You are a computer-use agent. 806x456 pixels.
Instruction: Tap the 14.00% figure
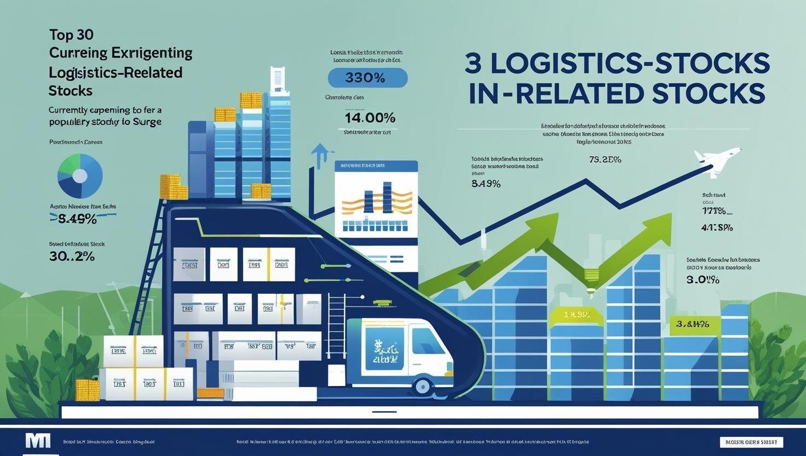(x=370, y=117)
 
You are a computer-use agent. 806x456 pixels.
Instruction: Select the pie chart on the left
(x=80, y=176)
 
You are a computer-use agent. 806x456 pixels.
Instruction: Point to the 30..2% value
(x=72, y=256)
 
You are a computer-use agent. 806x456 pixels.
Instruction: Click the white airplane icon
(x=716, y=160)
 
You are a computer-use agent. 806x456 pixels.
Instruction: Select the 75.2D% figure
(x=605, y=160)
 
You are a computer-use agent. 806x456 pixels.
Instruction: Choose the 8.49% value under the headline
(x=486, y=184)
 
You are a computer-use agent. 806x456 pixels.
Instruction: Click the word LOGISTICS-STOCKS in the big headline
(x=630, y=64)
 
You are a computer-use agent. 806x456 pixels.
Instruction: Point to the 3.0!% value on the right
(x=703, y=280)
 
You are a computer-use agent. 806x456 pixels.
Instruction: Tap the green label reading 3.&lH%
(x=692, y=324)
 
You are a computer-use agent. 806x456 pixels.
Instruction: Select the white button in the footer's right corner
(x=751, y=442)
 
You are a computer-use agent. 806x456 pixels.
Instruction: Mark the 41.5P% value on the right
(x=717, y=227)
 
